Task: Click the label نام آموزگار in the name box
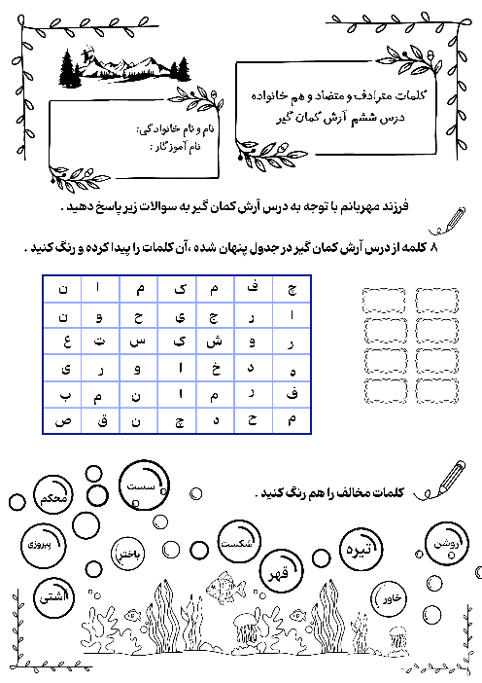(x=189, y=144)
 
